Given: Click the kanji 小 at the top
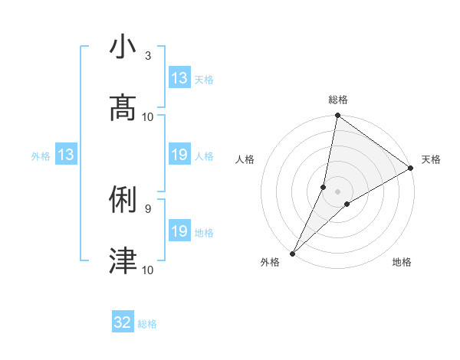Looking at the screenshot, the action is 123,47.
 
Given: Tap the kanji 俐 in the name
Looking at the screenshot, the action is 123,200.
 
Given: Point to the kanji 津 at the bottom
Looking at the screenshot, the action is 123,260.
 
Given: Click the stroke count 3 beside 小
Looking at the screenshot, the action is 147,56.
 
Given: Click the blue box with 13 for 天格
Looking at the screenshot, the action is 179,78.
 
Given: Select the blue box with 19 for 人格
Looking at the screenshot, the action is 179,155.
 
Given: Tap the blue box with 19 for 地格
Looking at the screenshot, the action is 179,231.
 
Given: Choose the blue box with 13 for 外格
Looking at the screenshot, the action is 66,155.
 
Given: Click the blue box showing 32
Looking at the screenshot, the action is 123,322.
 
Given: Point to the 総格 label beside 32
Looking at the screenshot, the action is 147,324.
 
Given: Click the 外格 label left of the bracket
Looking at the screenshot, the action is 41,155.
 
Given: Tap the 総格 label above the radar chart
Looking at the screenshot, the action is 337,100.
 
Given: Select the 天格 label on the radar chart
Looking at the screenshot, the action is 431,159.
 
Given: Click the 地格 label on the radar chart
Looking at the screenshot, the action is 402,262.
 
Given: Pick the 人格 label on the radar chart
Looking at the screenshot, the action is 245,159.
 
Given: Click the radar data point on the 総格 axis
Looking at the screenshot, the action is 337,116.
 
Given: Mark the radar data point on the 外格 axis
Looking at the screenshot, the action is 292,253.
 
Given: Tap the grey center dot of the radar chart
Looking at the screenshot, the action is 337,191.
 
